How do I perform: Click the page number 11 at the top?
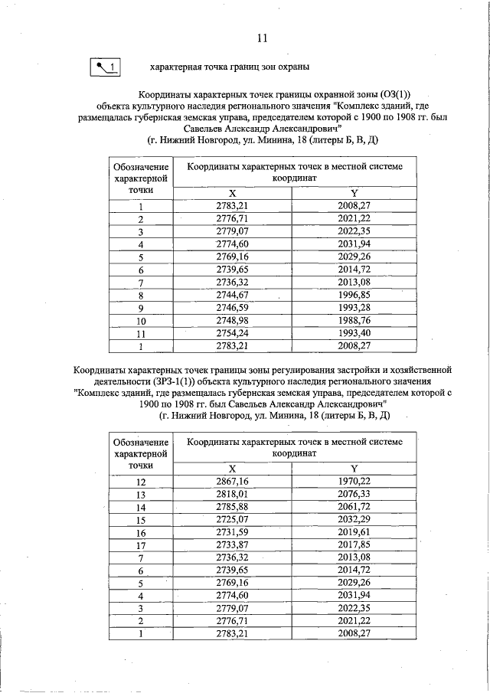pyautogui.click(x=262, y=38)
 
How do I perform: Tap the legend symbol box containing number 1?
pyautogui.click(x=106, y=67)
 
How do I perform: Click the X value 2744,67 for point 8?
pyautogui.click(x=233, y=295)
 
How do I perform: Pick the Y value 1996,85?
pyautogui.click(x=354, y=295)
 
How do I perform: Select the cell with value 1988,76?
pyautogui.click(x=354, y=320)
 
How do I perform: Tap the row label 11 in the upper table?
pyautogui.click(x=141, y=333)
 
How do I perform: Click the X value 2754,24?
pyautogui.click(x=233, y=333)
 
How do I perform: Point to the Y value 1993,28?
pyautogui.click(x=354, y=308)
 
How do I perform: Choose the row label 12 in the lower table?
pyautogui.click(x=141, y=482)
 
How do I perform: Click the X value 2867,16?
pyautogui.click(x=233, y=482)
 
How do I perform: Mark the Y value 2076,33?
pyautogui.click(x=354, y=495)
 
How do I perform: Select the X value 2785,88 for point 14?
pyautogui.click(x=233, y=507)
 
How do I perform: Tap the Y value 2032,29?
pyautogui.click(x=354, y=520)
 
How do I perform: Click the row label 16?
pyautogui.click(x=141, y=533)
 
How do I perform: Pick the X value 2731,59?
pyautogui.click(x=233, y=533)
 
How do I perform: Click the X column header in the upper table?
pyautogui.click(x=233, y=194)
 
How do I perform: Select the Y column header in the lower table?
pyautogui.click(x=354, y=469)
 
